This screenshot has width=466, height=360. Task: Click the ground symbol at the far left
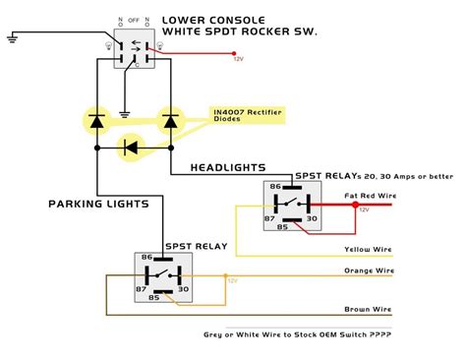(x=11, y=36)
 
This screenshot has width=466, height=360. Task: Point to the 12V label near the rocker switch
(x=237, y=60)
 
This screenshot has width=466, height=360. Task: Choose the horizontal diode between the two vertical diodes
(x=130, y=148)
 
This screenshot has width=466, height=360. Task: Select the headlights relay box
(x=290, y=208)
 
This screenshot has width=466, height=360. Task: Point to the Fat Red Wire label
(x=369, y=197)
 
